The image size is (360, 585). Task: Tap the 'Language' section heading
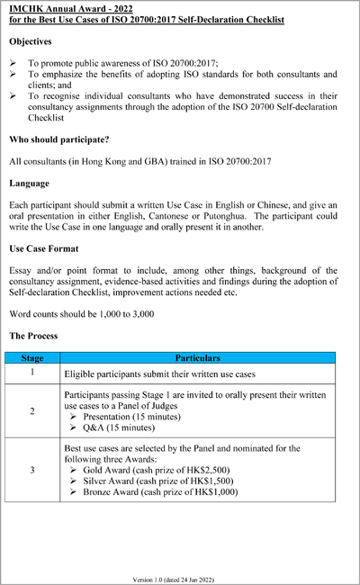(30, 183)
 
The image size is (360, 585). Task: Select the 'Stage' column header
(32, 357)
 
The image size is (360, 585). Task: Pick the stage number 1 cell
(32, 372)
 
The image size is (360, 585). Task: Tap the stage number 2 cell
(32, 411)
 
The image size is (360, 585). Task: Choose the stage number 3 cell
(32, 469)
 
